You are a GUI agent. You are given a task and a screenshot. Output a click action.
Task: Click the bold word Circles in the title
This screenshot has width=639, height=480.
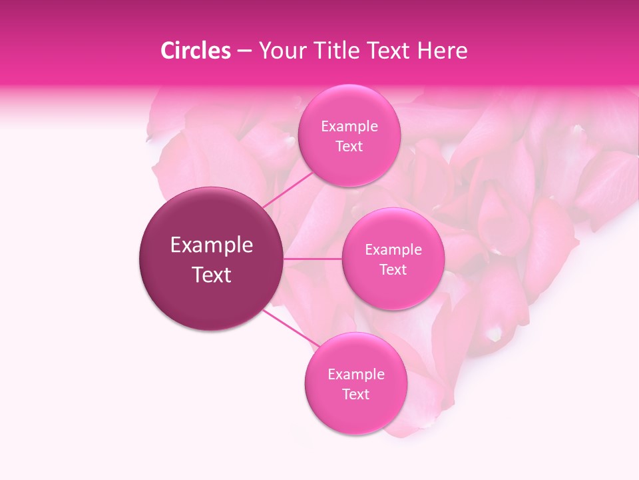tap(195, 51)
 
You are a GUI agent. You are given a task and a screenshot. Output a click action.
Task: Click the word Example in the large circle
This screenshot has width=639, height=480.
tap(212, 245)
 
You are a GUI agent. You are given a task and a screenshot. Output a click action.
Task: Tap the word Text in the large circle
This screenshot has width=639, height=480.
tap(212, 275)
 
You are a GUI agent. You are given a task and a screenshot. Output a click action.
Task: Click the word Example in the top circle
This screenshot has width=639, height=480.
tap(349, 127)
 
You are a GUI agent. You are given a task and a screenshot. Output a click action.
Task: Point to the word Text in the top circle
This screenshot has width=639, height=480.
tap(349, 147)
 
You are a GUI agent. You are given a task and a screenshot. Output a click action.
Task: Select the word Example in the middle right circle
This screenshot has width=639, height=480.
tap(393, 250)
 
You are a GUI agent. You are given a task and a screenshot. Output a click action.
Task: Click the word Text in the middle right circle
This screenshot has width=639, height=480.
tap(393, 270)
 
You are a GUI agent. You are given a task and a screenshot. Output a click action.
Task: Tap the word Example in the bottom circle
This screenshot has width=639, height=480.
tap(356, 375)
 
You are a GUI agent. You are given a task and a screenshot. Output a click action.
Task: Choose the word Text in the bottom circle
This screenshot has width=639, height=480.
tap(356, 395)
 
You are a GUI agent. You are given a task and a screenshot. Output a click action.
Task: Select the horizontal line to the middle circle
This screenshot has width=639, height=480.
tap(313, 259)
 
